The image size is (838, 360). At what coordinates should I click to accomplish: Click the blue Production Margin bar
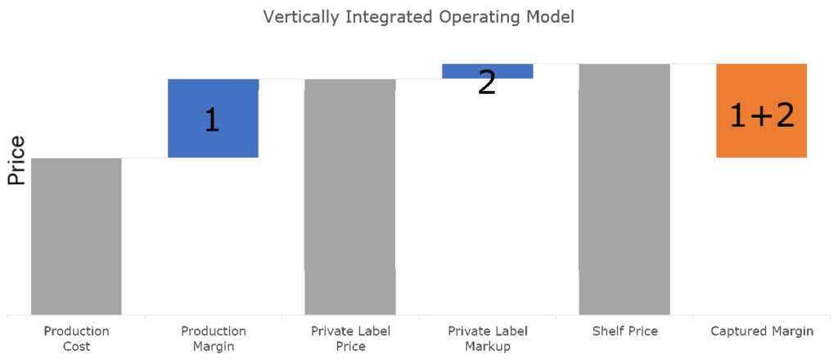[x=213, y=118]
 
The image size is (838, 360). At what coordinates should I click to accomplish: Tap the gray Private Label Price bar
[x=350, y=196]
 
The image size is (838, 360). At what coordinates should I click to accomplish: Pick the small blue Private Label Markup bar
[x=488, y=70]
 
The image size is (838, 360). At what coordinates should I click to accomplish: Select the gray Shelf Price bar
[x=624, y=188]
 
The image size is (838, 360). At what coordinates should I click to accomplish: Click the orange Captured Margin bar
[x=762, y=110]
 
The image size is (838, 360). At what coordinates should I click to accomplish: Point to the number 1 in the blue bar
[x=212, y=120]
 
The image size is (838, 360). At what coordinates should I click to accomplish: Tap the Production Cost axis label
[x=76, y=339]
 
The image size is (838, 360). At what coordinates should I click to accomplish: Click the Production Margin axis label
[x=213, y=339]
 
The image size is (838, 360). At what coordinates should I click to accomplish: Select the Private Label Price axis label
[x=350, y=339]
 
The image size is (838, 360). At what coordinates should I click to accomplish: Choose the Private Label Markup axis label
[x=488, y=339]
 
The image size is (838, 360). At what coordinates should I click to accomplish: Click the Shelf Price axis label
[x=624, y=331]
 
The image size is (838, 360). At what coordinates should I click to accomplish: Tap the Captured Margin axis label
[x=762, y=331]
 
